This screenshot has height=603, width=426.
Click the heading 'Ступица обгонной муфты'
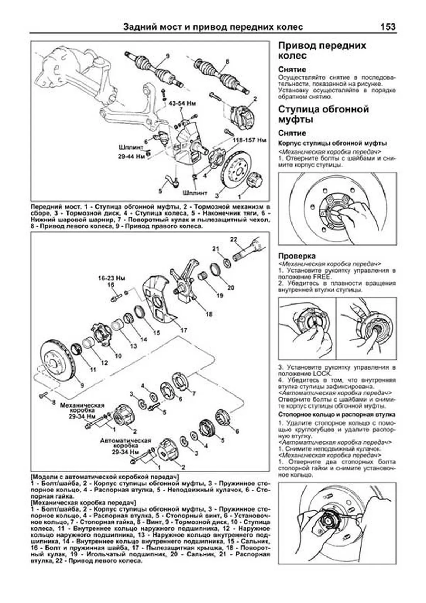pos(323,114)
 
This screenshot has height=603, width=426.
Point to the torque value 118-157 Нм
pos(249,140)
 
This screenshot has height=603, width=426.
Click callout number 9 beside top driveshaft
pos(168,56)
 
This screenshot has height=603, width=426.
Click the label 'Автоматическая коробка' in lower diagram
pos(126,443)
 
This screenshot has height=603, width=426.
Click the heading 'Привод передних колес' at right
pos(322,50)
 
